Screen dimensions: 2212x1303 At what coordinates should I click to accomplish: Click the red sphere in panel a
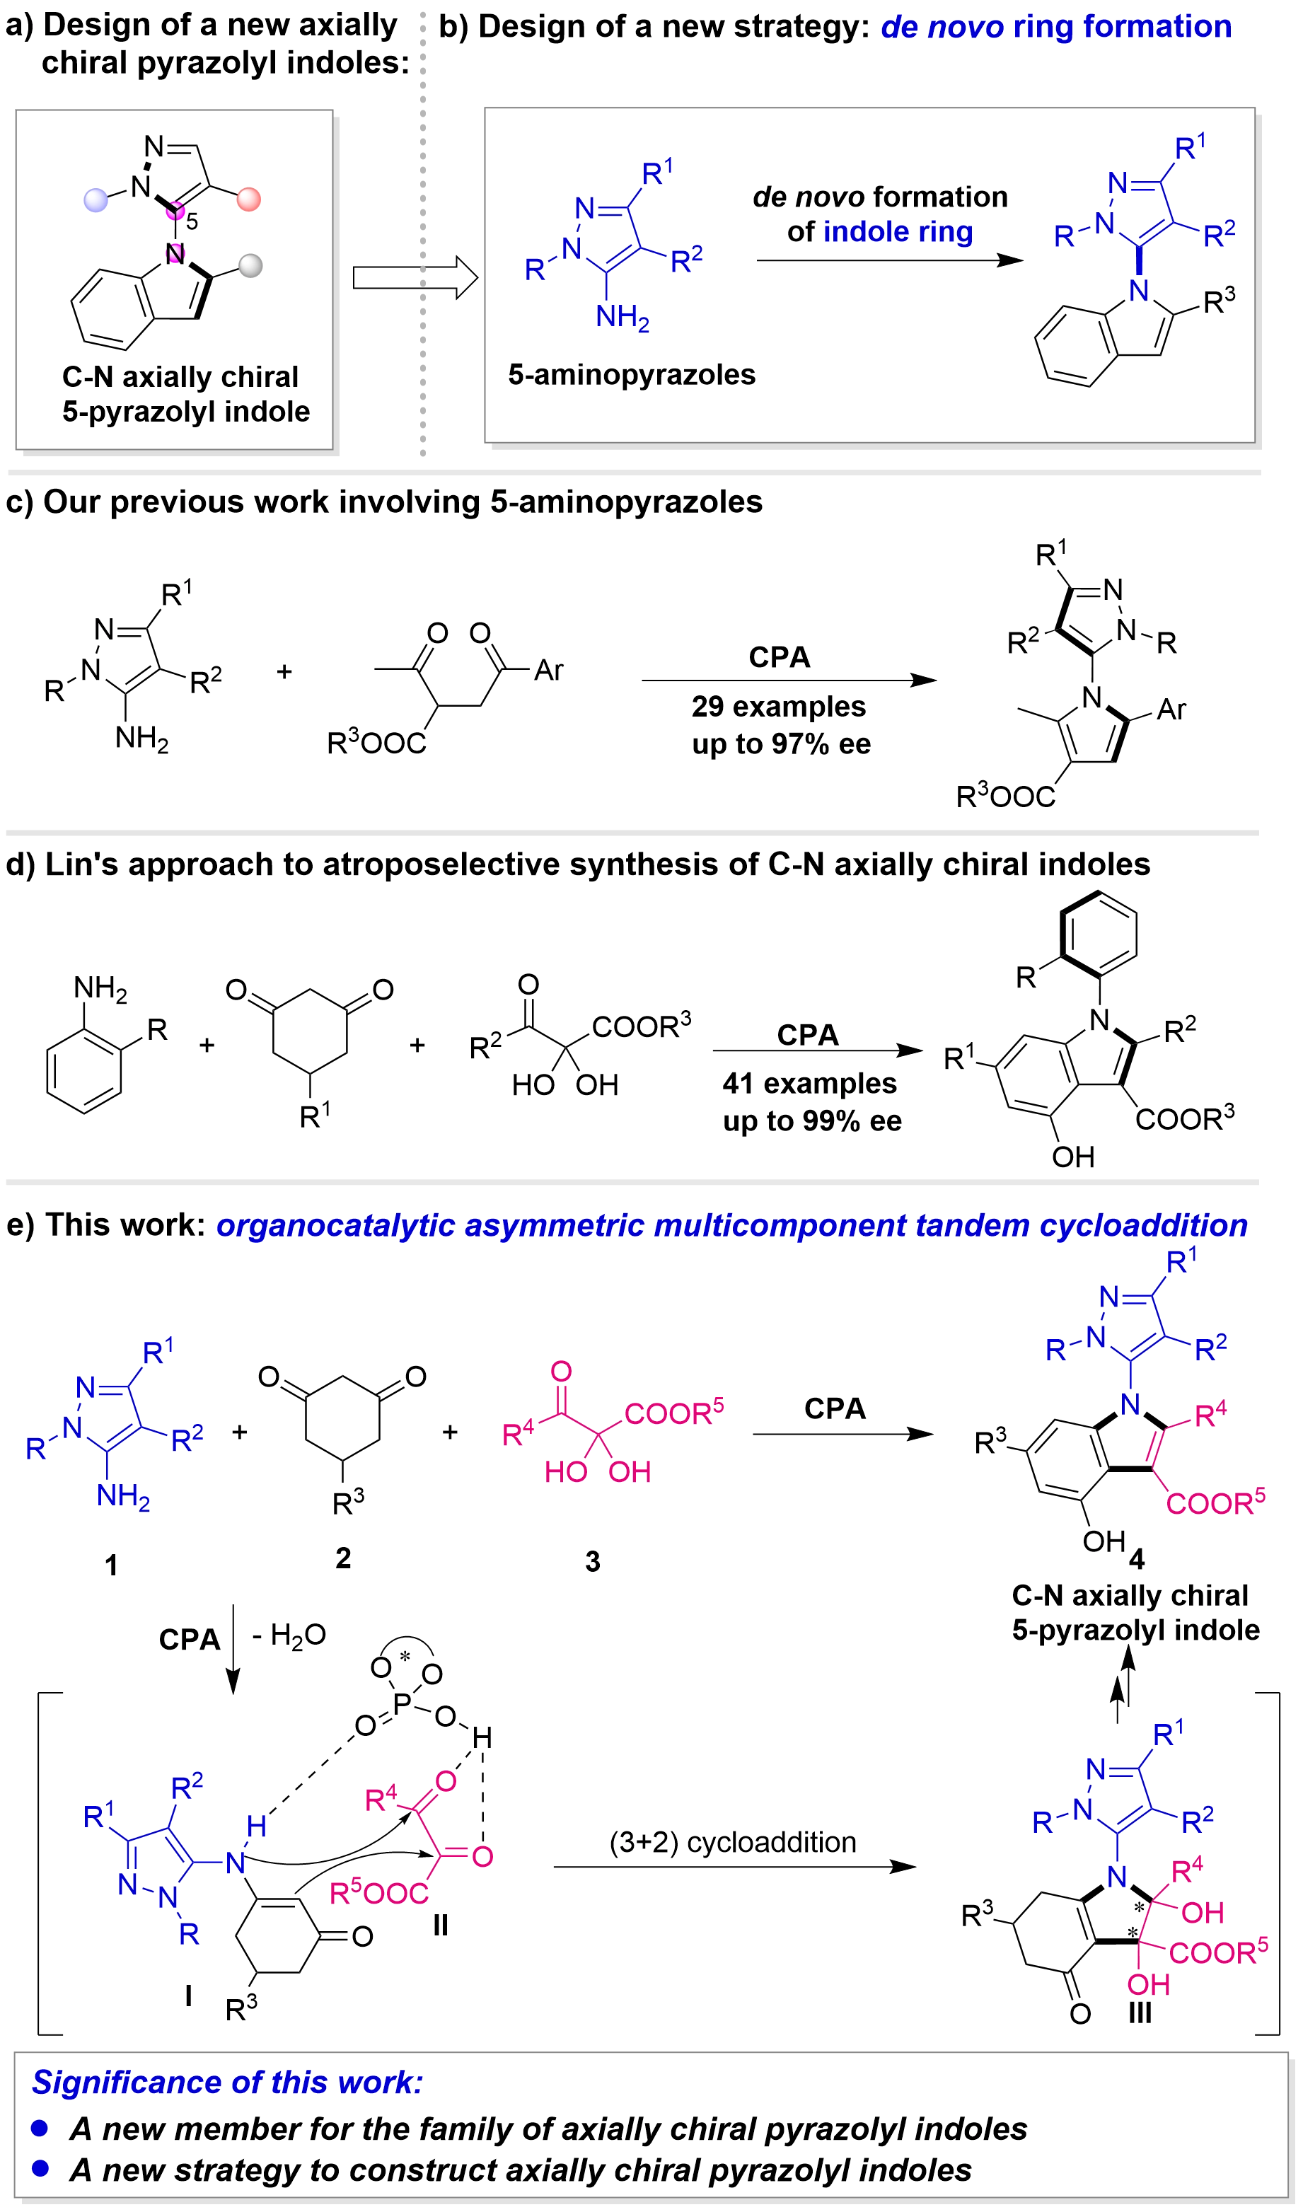click(248, 199)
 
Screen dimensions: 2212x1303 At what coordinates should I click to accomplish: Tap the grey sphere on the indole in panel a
click(252, 265)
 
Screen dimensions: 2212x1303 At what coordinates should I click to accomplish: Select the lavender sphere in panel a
click(94, 201)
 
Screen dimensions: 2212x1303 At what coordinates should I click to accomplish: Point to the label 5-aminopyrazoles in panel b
click(632, 375)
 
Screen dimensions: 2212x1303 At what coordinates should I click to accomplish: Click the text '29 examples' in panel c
click(778, 706)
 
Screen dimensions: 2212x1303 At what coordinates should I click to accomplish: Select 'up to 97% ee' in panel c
click(780, 744)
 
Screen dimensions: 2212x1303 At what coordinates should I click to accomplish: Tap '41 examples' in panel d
click(809, 1084)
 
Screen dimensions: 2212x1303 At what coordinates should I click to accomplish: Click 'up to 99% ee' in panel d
click(813, 1122)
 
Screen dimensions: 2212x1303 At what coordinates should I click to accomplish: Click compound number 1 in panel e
click(112, 1565)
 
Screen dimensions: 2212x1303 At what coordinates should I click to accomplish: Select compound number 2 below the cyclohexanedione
click(342, 1559)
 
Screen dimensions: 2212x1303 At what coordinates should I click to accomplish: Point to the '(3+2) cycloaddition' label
click(733, 1843)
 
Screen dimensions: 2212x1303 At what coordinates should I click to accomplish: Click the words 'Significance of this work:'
click(228, 2082)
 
